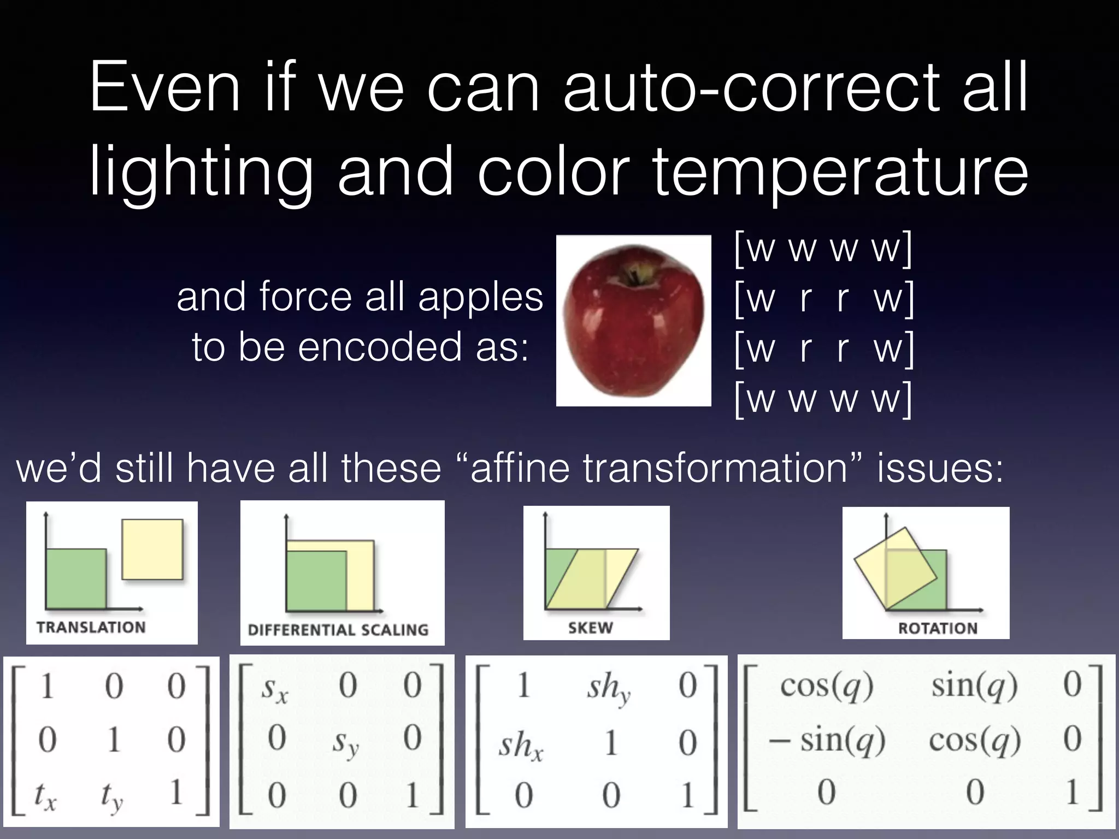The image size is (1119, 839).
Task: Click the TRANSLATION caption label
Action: (x=91, y=627)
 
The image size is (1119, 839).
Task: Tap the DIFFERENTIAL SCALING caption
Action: (x=338, y=630)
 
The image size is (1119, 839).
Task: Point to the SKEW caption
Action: (x=591, y=628)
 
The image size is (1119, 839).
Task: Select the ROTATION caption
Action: (x=938, y=628)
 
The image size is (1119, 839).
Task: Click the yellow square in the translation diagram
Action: (x=152, y=549)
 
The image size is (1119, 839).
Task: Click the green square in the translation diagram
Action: (x=75, y=579)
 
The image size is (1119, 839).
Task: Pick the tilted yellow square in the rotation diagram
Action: (x=896, y=568)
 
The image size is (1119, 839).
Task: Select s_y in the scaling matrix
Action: (x=345, y=743)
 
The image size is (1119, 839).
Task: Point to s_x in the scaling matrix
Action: (x=274, y=689)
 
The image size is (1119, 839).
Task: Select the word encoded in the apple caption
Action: (x=379, y=347)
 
